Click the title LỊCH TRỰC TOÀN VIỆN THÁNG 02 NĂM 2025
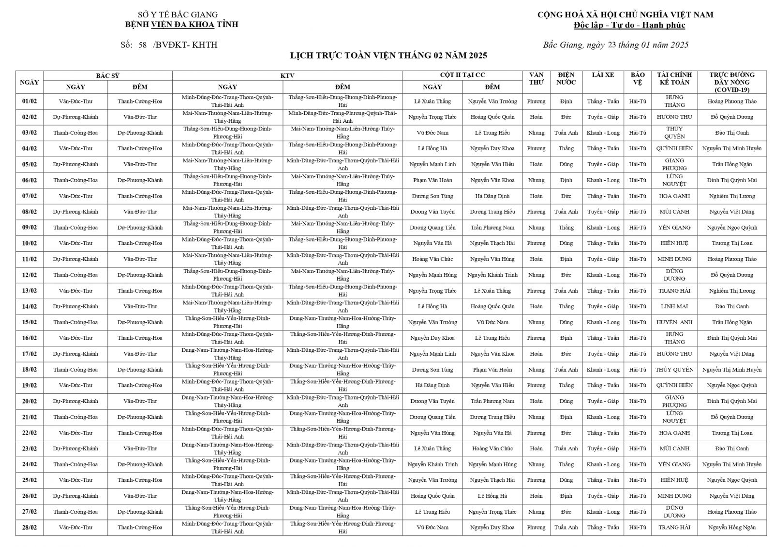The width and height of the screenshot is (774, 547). pos(388,56)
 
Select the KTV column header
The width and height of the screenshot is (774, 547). pos(287,75)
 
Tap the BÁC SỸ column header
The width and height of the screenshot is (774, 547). pos(107,75)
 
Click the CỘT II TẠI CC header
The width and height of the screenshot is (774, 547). pos(462,75)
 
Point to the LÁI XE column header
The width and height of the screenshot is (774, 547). pos(603,75)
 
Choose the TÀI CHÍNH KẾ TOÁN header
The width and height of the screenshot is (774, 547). pos(674,79)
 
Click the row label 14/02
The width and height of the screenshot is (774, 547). pos(30,306)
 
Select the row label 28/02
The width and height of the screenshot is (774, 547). pos(30,528)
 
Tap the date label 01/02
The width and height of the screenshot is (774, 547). pos(30,101)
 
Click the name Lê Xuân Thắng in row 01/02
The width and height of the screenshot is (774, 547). pos(432,101)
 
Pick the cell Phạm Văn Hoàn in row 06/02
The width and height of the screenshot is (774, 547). pos(432,180)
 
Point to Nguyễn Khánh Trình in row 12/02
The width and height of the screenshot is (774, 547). pos(492,275)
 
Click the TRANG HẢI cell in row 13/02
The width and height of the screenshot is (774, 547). pos(674,291)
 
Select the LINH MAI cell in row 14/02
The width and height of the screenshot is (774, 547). pos(674,306)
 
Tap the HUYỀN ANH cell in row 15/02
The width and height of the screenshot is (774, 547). pos(674,322)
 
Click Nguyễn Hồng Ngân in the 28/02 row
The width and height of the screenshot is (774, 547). pos(731,528)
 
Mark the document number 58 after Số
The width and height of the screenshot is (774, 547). pos(142,45)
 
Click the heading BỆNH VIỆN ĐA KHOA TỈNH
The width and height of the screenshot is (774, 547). pos(181,25)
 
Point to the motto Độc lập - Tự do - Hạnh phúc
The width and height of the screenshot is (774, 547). pos(629,25)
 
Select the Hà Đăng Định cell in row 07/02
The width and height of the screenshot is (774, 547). pos(492,196)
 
